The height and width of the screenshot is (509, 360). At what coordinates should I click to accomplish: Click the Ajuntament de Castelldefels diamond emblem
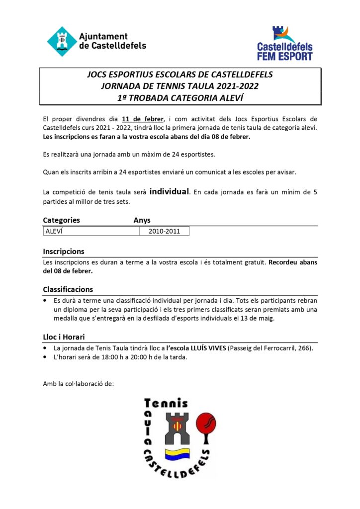62,41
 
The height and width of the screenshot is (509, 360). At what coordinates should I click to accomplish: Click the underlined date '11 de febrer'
143,119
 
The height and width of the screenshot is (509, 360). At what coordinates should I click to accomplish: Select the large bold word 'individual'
169,191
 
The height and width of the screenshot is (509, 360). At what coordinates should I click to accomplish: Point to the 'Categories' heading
61,220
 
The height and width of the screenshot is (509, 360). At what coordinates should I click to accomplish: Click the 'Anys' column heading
142,220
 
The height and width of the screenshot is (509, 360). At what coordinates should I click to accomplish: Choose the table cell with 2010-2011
164,231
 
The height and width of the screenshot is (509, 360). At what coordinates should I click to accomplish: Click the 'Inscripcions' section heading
64,251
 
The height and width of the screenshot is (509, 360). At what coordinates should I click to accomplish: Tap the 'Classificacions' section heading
68,289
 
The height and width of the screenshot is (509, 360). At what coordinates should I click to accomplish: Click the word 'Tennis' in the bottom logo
166,403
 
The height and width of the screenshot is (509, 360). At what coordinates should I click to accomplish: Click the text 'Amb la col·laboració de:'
79,383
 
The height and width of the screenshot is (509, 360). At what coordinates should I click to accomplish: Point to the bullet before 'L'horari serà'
45,358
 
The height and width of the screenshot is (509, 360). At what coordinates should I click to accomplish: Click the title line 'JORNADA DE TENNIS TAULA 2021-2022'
180,86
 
